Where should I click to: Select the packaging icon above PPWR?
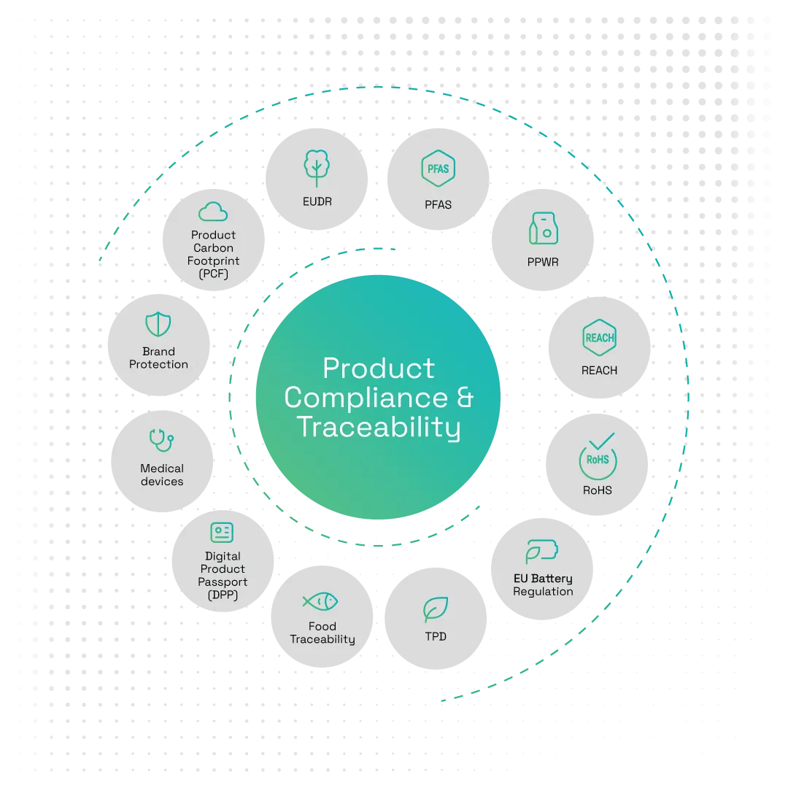[x=543, y=229]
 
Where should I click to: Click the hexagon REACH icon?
[x=599, y=338]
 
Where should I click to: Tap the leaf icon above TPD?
[x=436, y=609]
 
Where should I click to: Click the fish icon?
[x=320, y=600]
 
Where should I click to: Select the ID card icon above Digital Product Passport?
[x=222, y=533]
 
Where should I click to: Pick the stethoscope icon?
[x=161, y=441]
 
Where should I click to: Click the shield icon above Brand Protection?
[x=158, y=324]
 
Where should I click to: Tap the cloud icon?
[x=213, y=212]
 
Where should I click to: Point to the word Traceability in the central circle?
[x=379, y=428]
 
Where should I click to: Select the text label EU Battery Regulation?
[x=543, y=585]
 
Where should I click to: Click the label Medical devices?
[x=162, y=475]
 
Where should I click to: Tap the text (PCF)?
[x=213, y=274]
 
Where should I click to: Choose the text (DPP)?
[x=223, y=595]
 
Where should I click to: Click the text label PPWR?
[x=543, y=261]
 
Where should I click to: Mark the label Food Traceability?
[x=322, y=633]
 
